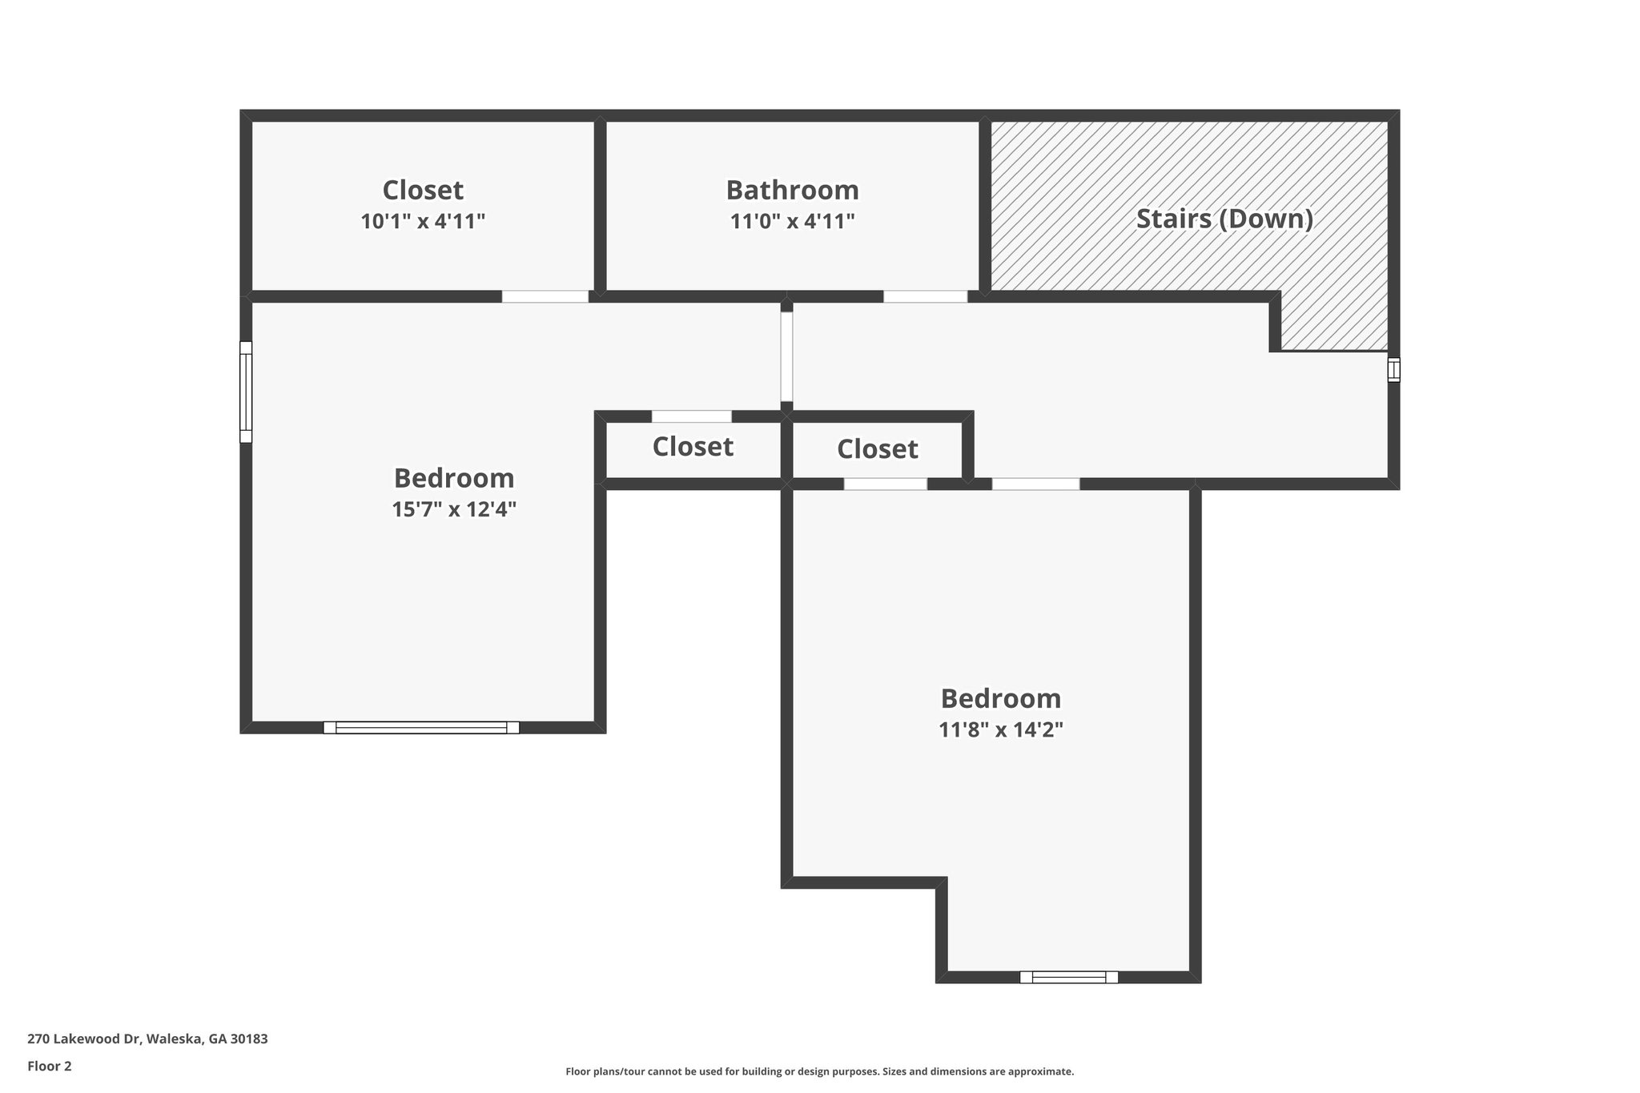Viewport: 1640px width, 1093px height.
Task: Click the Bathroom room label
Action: point(792,191)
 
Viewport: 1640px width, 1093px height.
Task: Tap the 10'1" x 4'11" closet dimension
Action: point(423,222)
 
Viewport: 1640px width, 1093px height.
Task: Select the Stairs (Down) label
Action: point(1224,219)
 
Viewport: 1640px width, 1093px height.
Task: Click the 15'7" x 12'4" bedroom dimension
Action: point(454,509)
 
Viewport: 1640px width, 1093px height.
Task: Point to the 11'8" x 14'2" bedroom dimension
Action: point(1000,729)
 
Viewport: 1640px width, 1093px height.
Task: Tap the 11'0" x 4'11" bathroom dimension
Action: point(792,222)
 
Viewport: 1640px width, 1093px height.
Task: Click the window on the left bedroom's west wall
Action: point(246,392)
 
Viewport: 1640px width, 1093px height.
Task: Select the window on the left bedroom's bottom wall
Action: point(421,727)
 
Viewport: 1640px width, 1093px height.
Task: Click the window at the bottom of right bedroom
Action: point(1068,977)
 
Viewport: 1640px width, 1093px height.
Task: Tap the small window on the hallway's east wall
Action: point(1393,369)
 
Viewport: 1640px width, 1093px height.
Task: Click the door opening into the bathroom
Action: point(925,296)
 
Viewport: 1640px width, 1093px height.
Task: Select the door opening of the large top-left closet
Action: point(545,296)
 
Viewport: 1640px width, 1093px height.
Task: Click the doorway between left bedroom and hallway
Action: point(786,356)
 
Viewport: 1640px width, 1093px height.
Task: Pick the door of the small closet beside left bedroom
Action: point(691,416)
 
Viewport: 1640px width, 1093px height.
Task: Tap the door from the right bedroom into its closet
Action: point(885,484)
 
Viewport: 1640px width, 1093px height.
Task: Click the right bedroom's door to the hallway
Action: point(1035,484)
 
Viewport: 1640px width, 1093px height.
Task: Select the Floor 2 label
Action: point(50,1066)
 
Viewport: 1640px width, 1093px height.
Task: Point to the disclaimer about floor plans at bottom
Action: point(819,1071)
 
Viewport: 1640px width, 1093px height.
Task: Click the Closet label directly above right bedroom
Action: point(877,449)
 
